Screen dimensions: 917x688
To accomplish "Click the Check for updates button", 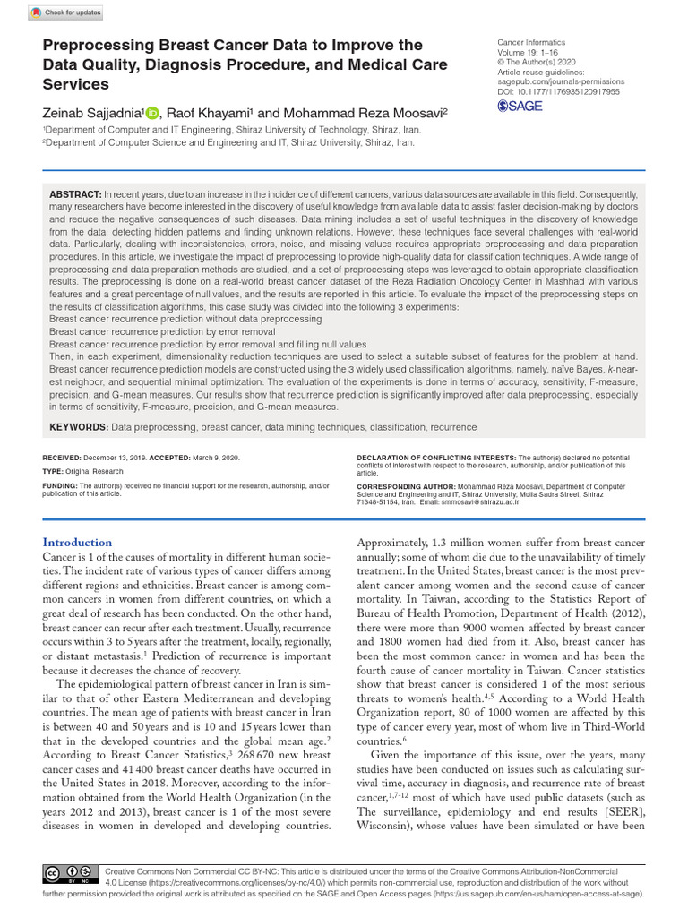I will tap(65, 13).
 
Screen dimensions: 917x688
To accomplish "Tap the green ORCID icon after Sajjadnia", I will tap(151, 113).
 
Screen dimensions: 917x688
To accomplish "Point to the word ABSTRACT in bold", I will tap(75, 194).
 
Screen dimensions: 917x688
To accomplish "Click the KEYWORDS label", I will tap(78, 427).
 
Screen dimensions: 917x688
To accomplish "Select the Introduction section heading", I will tap(78, 542).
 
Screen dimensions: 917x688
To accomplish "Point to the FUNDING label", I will tap(60, 484).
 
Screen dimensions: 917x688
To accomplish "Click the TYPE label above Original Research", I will tap(52, 471).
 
